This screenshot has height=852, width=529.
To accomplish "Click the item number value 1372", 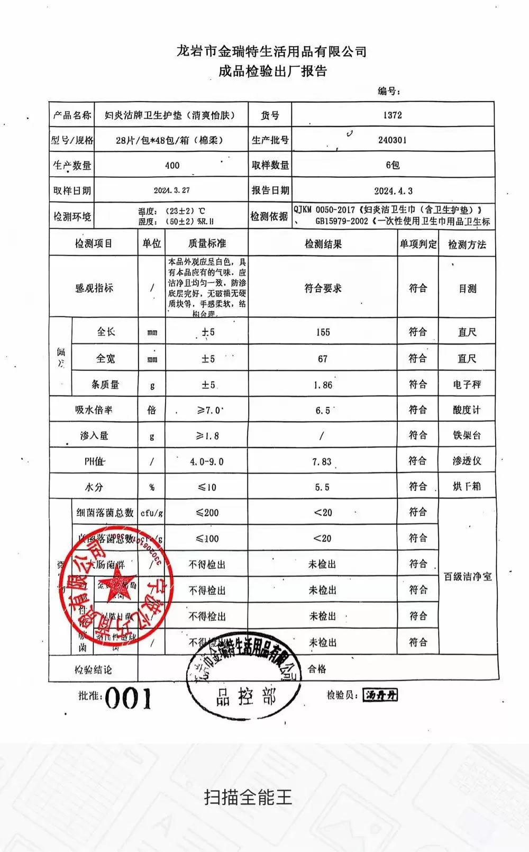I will tap(393, 115).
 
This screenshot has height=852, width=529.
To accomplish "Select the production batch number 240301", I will tap(393, 140).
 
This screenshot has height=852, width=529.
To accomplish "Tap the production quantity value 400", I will tap(172, 165).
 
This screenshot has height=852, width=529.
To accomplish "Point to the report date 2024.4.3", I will tap(393, 191).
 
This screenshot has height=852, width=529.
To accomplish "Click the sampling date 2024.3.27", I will tap(171, 190).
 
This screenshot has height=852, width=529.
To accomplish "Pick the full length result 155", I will tap(323, 332).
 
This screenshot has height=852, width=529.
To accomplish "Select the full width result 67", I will tap(323, 359).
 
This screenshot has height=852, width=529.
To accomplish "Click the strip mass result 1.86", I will tap(323, 385).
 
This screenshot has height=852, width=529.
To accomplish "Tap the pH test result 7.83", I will tap(322, 461).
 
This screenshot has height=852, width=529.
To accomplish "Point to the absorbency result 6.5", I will tap(323, 410).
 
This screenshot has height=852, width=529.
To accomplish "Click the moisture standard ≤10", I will tap(207, 487).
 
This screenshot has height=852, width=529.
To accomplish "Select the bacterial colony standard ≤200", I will tap(207, 512).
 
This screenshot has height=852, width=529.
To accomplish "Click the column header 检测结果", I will tap(323, 244).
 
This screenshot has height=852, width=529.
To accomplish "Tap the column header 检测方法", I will tap(467, 244).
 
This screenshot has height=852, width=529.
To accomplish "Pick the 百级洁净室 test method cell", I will tap(468, 576).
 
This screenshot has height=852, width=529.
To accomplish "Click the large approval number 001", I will tap(128, 699).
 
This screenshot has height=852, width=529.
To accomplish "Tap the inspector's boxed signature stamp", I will tap(380, 695).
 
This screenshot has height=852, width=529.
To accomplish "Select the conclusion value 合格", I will tap(317, 669).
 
